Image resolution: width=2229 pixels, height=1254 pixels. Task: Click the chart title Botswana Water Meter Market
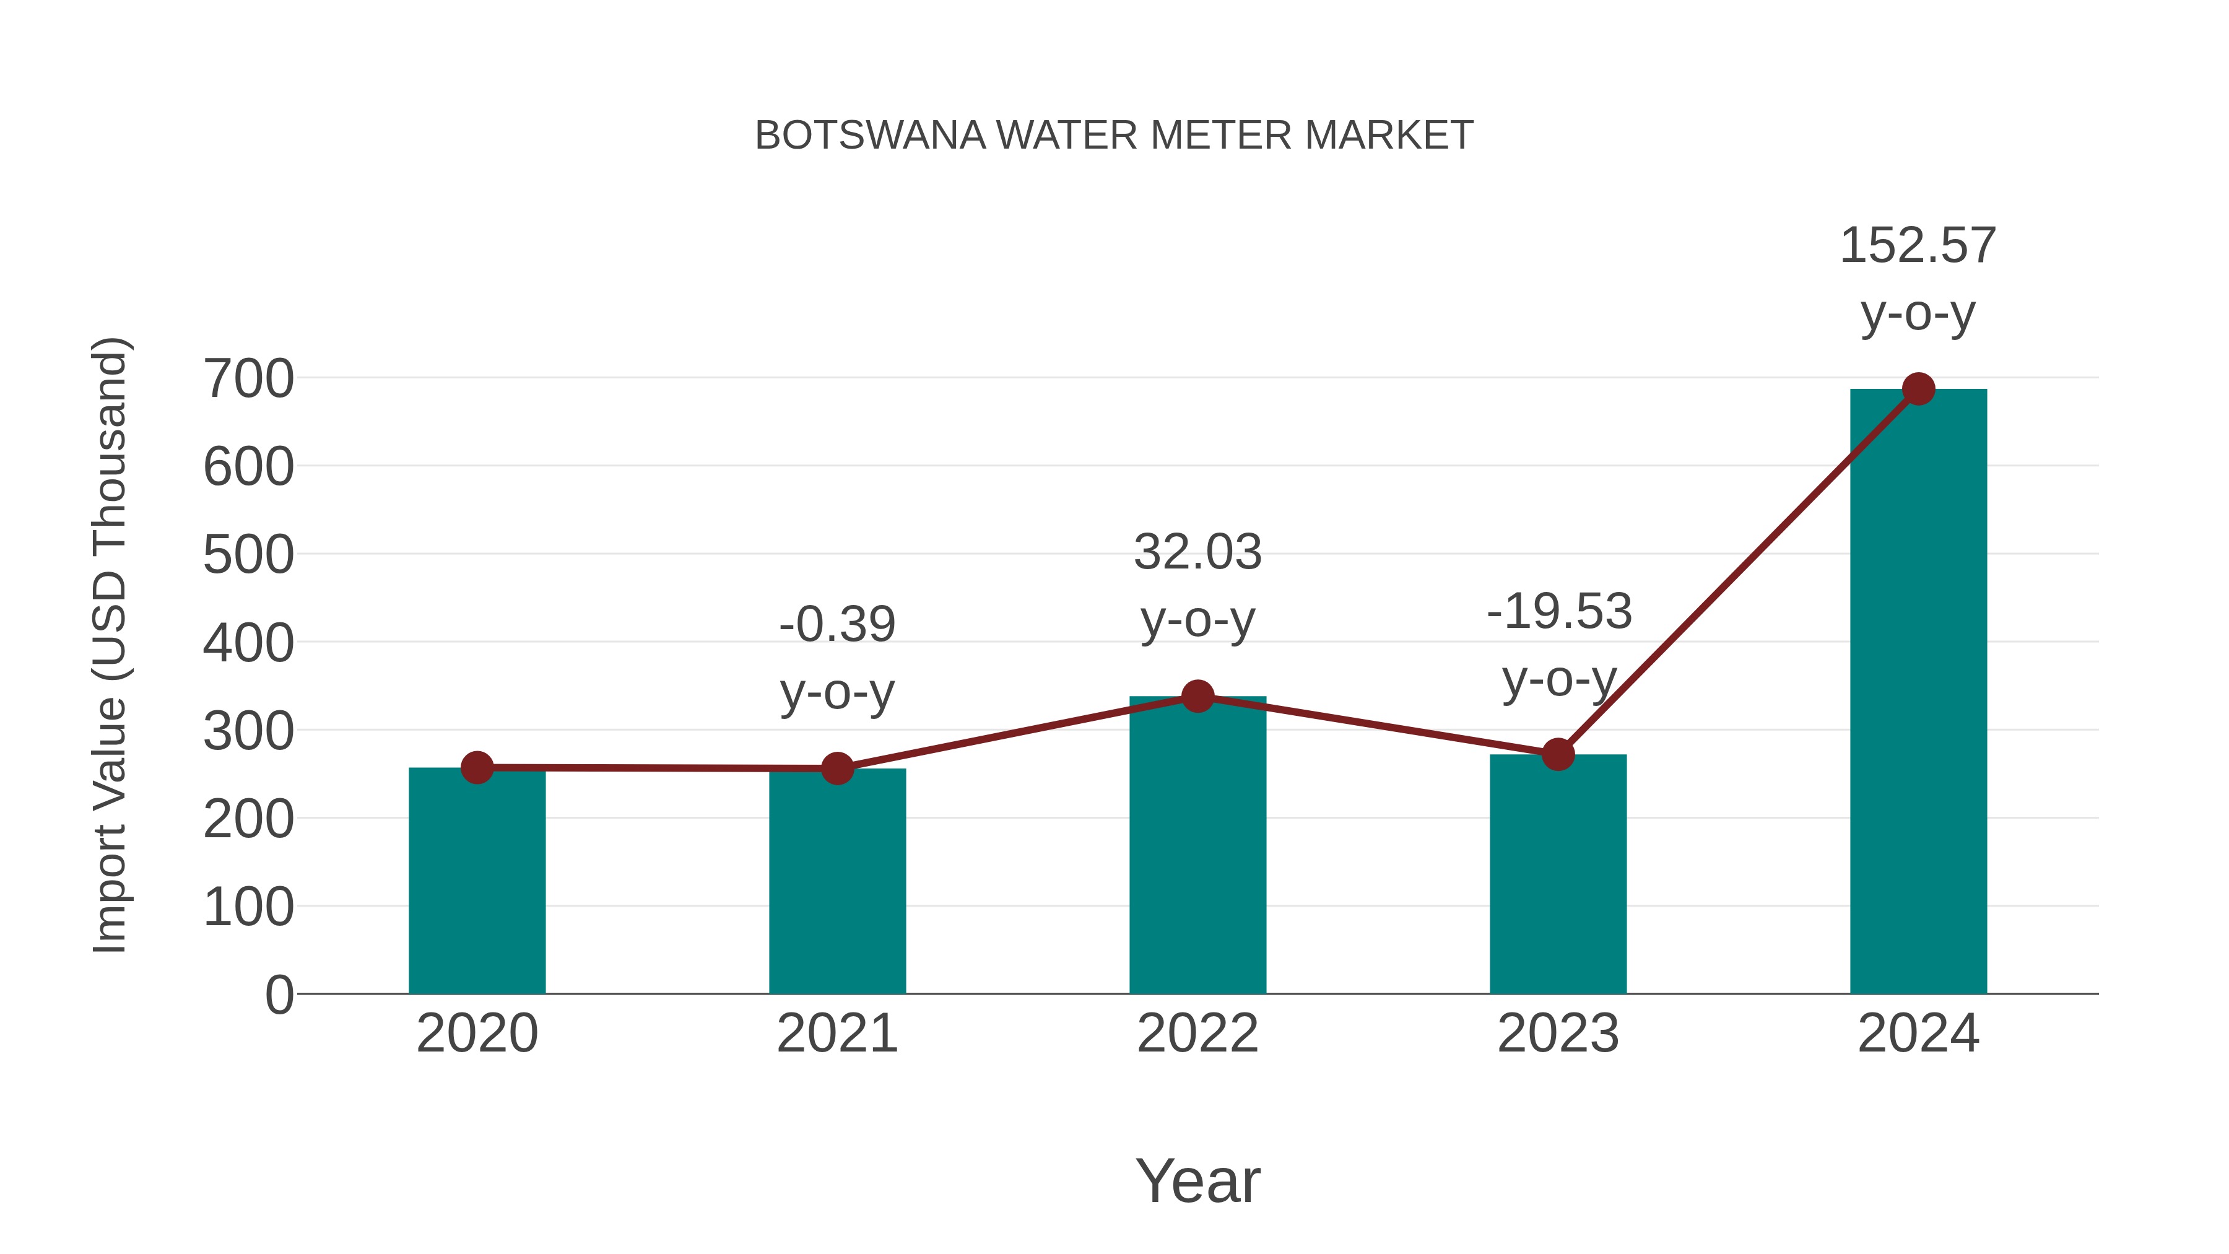tap(1114, 136)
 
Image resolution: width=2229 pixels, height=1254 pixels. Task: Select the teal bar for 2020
tap(477, 882)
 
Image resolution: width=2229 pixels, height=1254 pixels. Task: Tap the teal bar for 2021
tap(836, 882)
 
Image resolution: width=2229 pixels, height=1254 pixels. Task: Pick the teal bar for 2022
tap(1197, 848)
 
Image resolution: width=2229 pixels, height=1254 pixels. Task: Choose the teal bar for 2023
tap(1558, 874)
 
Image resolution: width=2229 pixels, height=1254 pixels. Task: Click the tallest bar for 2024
tap(1918, 692)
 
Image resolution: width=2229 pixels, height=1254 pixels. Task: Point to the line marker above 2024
tap(1918, 390)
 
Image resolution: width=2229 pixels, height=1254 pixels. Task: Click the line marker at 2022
tap(1197, 696)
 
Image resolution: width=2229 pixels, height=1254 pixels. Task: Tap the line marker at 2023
tap(1558, 755)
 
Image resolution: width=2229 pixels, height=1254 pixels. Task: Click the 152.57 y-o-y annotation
tap(1918, 279)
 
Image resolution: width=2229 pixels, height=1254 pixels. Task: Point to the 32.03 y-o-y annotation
tap(1197, 585)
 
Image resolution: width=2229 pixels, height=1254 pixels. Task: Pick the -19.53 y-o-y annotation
tap(1558, 645)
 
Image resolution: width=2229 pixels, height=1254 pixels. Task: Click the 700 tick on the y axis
tap(248, 379)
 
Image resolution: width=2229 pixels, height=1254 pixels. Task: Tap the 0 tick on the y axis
tap(279, 995)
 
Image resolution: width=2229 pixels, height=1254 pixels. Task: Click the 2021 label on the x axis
tap(836, 1034)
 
